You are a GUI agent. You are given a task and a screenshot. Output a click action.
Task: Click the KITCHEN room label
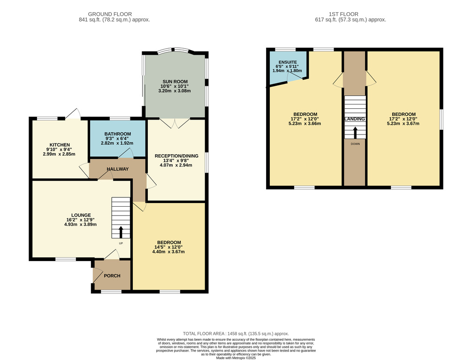(60, 145)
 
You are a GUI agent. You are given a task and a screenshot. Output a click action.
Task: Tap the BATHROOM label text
(118, 134)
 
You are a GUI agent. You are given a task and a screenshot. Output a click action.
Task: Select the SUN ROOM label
(175, 82)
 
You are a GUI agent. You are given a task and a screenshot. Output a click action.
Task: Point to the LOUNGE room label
(81, 215)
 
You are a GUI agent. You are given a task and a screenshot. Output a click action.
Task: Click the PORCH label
(112, 276)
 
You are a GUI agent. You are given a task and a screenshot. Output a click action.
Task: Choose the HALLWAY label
(118, 169)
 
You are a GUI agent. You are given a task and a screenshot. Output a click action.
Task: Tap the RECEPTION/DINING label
(176, 156)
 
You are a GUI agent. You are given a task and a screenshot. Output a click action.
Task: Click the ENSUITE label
(288, 62)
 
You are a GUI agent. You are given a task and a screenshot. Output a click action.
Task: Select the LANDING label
(355, 119)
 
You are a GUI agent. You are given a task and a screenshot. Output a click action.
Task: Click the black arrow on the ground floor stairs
(121, 232)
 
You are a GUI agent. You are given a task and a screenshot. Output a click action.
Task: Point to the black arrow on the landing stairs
(355, 133)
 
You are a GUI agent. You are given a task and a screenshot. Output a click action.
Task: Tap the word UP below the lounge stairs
(121, 243)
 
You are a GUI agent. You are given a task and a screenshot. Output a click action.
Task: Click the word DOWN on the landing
(355, 144)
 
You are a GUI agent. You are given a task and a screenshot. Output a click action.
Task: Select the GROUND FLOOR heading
(110, 14)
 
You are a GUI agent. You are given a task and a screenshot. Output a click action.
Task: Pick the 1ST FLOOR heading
(343, 14)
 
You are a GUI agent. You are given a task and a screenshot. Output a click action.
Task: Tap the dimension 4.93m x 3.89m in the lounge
(80, 225)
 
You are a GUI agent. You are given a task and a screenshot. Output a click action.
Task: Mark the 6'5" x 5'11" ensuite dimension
(287, 66)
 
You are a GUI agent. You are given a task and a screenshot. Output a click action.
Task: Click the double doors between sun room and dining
(175, 123)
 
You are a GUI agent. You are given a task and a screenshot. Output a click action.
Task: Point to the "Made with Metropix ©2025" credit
(236, 358)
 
